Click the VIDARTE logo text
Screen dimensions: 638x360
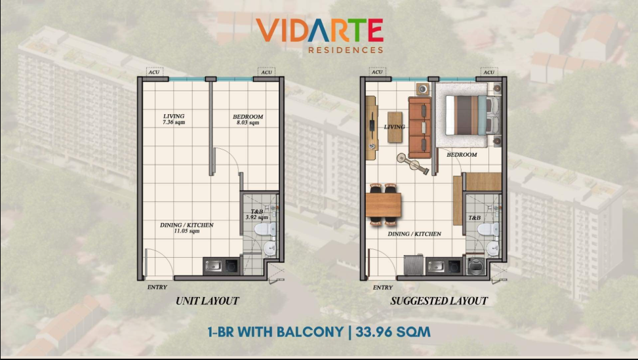(319, 30)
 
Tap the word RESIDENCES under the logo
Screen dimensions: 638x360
(346, 50)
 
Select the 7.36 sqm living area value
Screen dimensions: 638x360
(174, 122)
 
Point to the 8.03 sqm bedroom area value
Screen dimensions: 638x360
(248, 123)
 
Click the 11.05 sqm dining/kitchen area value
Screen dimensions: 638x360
(187, 231)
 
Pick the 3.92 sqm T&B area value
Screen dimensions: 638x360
(257, 217)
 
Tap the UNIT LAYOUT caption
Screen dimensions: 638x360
(207, 301)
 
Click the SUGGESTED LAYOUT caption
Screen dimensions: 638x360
(439, 301)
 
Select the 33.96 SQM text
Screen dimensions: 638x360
(393, 332)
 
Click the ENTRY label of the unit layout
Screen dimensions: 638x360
(157, 287)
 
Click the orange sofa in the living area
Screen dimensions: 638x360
(420, 127)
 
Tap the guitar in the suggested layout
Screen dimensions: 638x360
(413, 164)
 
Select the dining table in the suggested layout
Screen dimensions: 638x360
(384, 205)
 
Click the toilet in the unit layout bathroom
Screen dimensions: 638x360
(266, 229)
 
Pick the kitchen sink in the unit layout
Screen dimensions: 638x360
(213, 266)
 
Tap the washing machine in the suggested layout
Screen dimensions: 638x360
(475, 266)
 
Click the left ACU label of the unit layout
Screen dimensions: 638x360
(154, 72)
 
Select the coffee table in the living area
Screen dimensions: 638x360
(395, 127)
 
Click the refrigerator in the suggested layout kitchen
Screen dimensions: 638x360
(413, 264)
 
